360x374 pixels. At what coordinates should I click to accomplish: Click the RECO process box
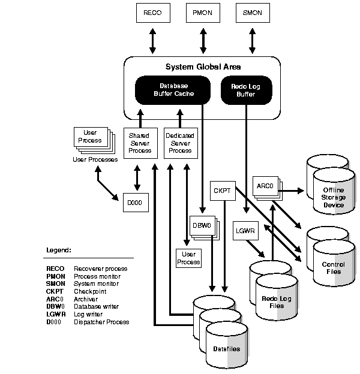152,12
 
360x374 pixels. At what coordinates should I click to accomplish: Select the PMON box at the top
202,12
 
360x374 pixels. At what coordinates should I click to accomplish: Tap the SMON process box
252,12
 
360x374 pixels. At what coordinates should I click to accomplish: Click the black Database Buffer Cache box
173,90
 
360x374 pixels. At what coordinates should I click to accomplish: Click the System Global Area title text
202,67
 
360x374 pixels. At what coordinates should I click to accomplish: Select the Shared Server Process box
139,143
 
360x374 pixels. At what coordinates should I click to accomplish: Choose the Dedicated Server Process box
180,143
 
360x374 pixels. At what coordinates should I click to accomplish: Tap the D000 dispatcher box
132,203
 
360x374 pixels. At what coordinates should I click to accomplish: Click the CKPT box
223,190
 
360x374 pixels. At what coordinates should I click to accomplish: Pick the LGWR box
244,230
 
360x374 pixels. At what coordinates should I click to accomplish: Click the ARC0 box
264,186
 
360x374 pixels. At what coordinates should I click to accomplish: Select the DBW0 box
200,226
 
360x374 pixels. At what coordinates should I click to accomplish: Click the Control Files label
332,267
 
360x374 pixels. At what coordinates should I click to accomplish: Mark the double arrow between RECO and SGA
152,39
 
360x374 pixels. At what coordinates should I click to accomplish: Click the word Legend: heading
59,249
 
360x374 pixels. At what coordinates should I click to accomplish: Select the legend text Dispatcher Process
101,322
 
